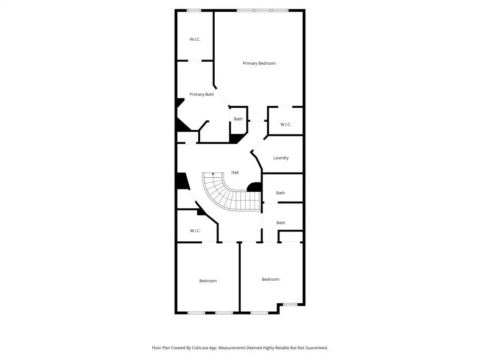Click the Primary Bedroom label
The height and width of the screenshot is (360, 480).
259,63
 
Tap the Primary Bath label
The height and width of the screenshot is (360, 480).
202,94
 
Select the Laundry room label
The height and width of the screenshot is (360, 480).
281,158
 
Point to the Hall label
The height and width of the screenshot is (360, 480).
235,172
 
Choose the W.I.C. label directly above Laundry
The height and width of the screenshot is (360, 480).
285,125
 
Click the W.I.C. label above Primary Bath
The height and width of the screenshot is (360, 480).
195,39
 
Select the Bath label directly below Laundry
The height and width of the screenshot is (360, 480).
280,193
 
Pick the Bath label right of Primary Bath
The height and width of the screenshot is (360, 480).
238,119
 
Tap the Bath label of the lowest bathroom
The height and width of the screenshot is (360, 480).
281,223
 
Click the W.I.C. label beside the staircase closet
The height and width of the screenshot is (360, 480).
195,231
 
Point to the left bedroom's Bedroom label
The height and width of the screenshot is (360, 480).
208,281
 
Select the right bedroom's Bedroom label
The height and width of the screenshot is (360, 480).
270,279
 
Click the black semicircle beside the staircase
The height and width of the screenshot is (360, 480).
254,187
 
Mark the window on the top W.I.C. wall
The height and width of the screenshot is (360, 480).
194,11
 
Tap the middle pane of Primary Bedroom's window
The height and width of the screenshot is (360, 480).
262,11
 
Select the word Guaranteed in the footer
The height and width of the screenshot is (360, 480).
316,348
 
